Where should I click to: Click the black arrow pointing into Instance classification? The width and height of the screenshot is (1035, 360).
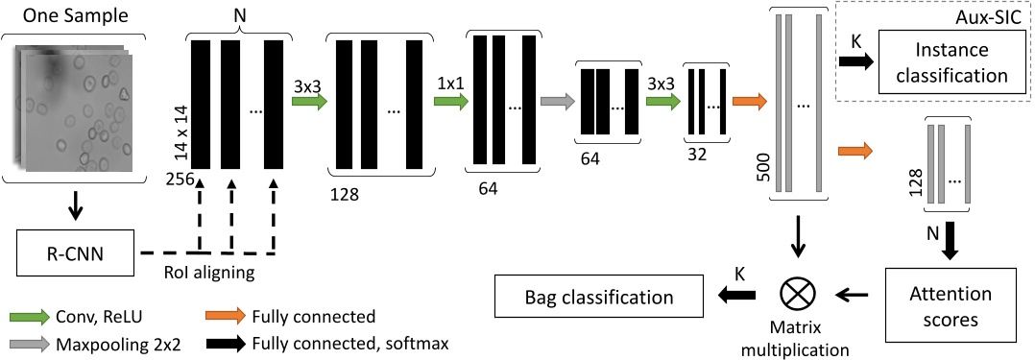pos(853,60)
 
